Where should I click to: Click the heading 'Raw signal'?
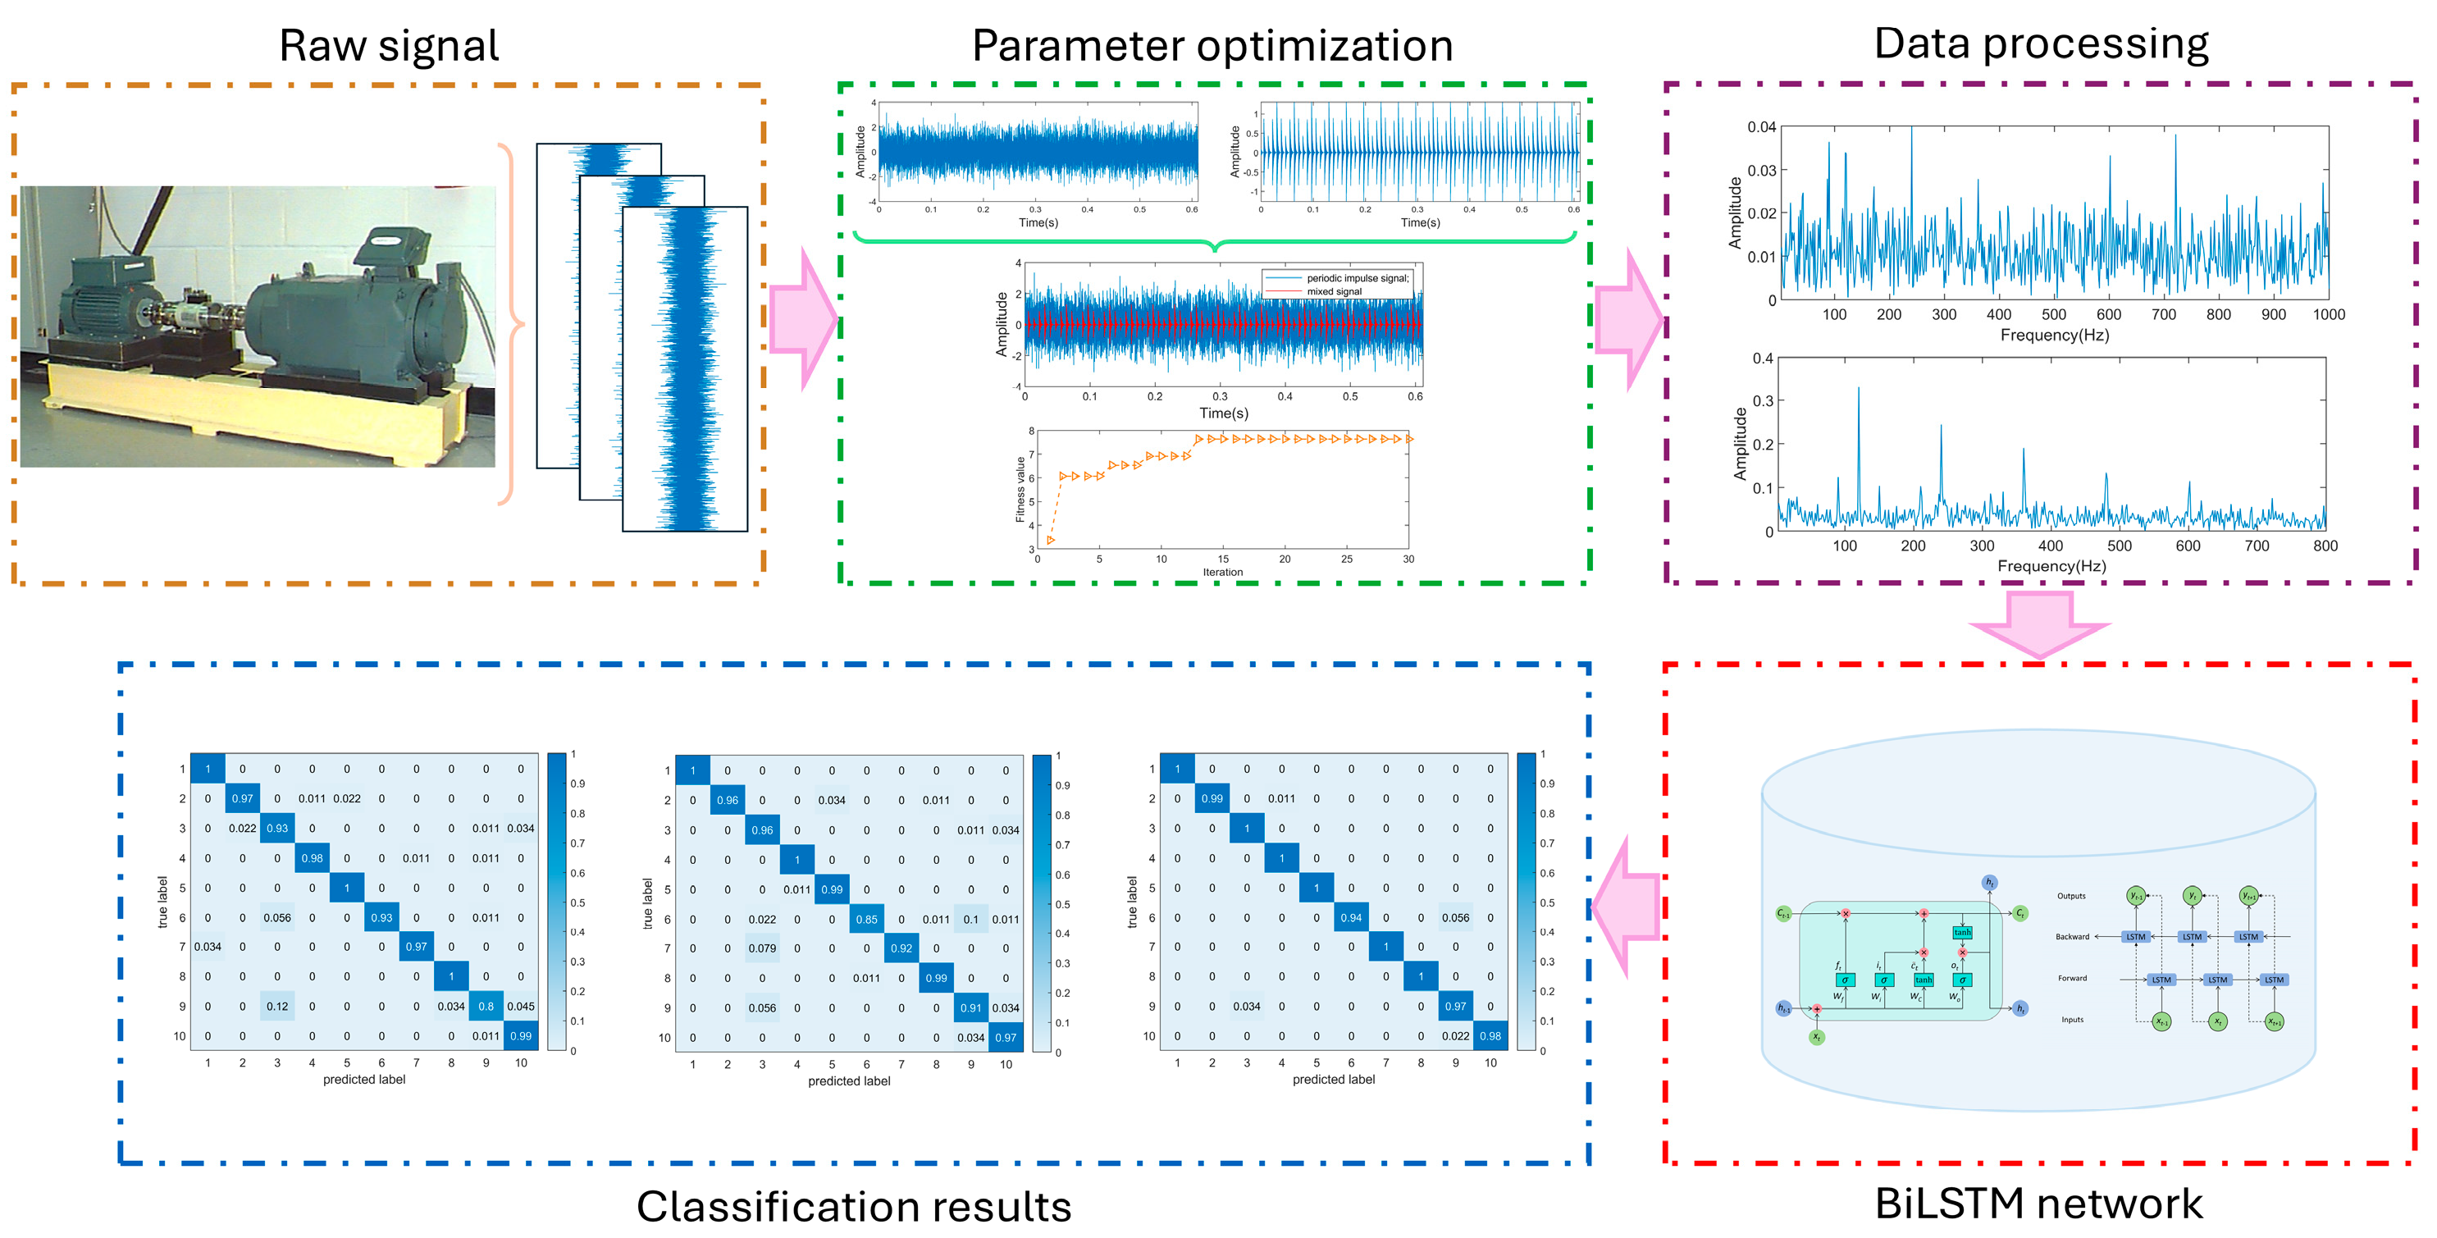click(x=388, y=45)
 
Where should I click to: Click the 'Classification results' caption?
click(x=853, y=1206)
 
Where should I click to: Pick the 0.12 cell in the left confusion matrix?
click(x=277, y=1006)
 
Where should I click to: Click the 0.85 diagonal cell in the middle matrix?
click(x=865, y=918)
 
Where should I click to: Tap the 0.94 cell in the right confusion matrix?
click(x=1351, y=917)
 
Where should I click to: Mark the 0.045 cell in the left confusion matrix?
click(x=520, y=1006)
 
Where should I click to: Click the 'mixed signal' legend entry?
click(x=1334, y=291)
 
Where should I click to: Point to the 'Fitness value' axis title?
click(x=1020, y=489)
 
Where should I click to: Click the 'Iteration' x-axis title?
click(x=1222, y=572)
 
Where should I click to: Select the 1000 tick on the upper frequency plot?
click(x=2328, y=314)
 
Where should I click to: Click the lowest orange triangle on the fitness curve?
click(x=1050, y=541)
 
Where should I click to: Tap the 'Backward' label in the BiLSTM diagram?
click(x=2072, y=936)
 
